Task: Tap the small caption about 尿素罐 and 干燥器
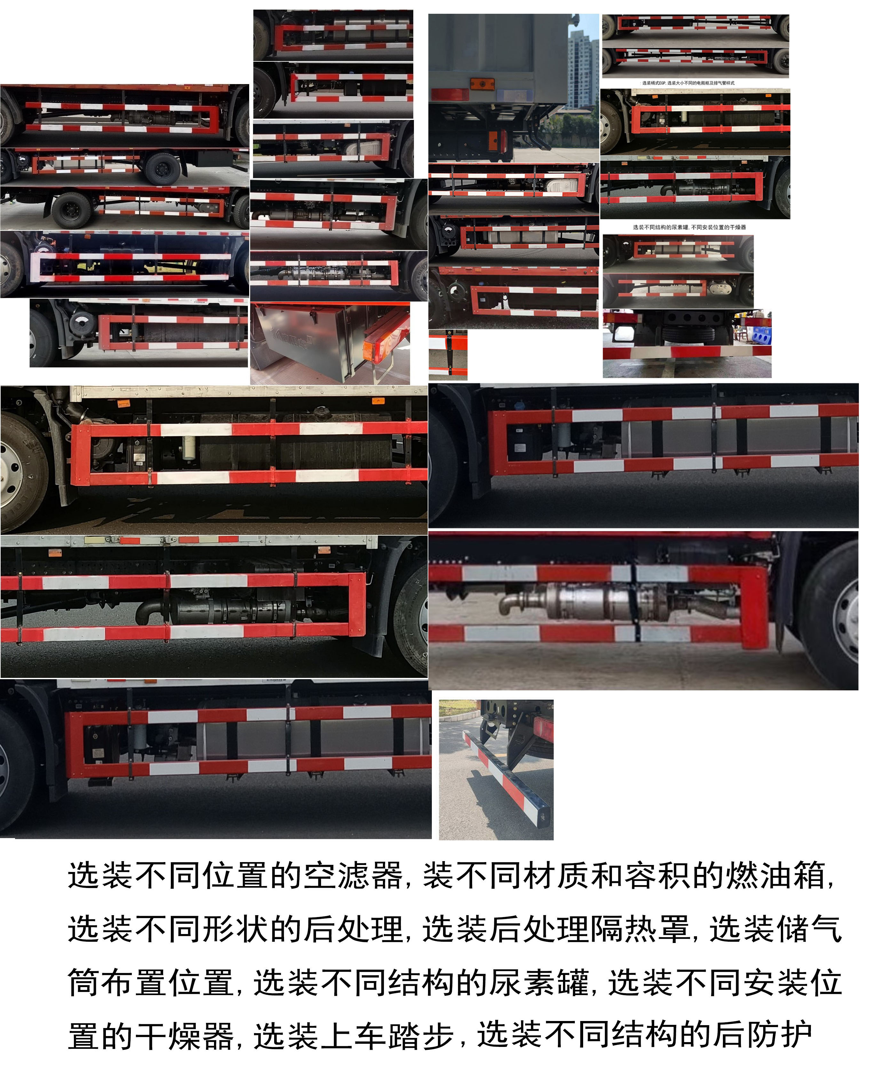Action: (689, 227)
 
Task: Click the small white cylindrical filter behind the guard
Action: (189, 447)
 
